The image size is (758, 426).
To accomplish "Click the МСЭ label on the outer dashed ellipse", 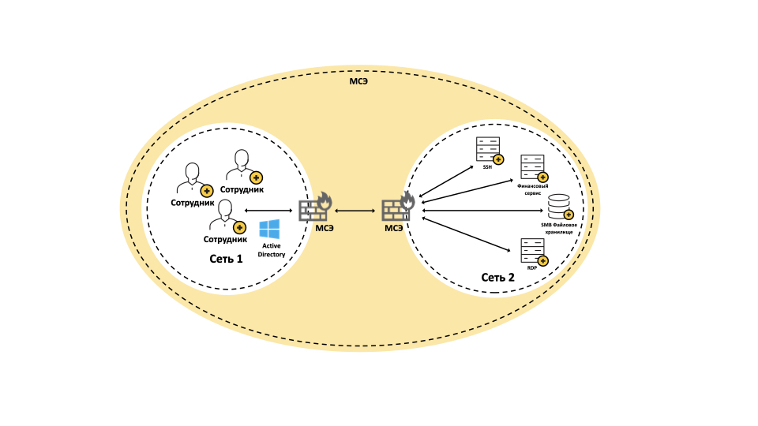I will tap(359, 81).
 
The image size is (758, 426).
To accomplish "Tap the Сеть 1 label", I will tap(226, 259).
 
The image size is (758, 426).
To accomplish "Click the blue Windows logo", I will tap(269, 230).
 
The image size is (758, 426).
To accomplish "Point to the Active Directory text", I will tap(272, 250).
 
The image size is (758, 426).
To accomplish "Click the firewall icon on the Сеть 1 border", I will tap(314, 209).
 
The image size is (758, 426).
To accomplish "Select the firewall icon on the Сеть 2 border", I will tap(397, 209).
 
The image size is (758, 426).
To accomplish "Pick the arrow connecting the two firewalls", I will tap(355, 211).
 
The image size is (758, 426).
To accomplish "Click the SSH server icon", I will tap(487, 148).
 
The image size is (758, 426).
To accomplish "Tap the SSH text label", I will tap(487, 167).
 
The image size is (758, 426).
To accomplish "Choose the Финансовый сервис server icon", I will tap(531, 168).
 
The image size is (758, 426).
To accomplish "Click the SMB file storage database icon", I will tap(559, 206).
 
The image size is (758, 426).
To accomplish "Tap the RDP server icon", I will tap(531, 250).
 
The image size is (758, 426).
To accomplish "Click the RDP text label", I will tap(531, 268).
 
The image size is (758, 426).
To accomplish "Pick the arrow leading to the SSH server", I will tap(446, 181).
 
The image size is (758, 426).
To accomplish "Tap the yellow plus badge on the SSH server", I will tap(498, 159).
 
